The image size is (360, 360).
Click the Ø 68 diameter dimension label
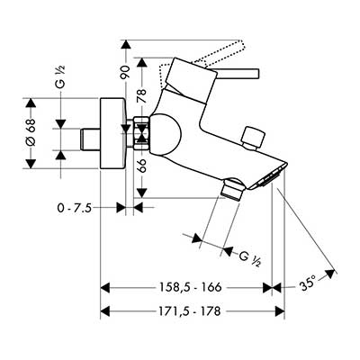pos(31,133)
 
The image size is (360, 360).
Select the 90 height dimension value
pos(125,72)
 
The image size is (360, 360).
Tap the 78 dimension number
pos(141,95)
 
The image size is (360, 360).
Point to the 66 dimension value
pos(141,166)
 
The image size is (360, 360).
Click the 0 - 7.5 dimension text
pos(74,207)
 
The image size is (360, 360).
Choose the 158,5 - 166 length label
pos(189,287)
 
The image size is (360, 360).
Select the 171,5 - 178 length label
pos(189,311)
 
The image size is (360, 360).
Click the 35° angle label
pos(309,283)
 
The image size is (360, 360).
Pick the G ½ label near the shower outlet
pos(249,259)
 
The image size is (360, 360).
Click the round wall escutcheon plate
pos(112,133)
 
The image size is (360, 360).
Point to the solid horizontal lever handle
pos(237,74)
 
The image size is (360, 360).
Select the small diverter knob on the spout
pos(254,138)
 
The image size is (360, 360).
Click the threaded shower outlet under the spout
pos(233,189)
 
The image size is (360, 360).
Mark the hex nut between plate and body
pos(141,133)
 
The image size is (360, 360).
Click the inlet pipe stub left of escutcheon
pos(90,139)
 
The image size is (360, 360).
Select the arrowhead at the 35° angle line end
pos(330,274)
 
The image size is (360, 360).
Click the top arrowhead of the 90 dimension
pos(126,44)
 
